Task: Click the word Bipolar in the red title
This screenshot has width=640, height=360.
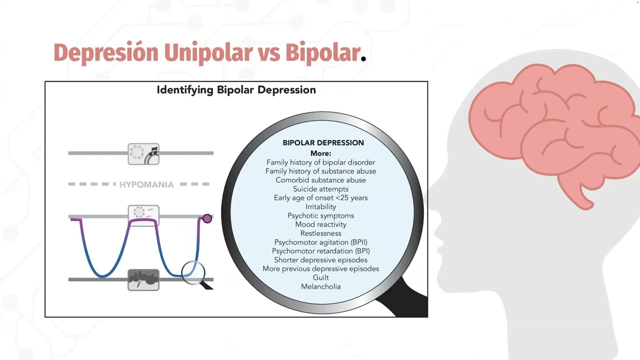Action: tap(322, 53)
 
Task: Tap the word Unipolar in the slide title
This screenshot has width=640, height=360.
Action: tap(208, 53)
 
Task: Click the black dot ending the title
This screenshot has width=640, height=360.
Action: tap(363, 59)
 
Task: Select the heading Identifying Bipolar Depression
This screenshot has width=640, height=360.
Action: tap(236, 90)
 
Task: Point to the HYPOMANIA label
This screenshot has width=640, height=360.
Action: tap(146, 184)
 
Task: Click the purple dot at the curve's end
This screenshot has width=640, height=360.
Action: tap(207, 218)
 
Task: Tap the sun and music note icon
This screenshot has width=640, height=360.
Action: tap(143, 154)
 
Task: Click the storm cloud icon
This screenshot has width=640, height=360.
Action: tap(143, 279)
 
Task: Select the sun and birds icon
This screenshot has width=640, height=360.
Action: tap(143, 213)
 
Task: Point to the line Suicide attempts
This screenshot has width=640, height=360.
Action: tap(321, 189)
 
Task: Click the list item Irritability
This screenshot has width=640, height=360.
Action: tap(321, 207)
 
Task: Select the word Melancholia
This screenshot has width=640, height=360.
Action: tap(321, 286)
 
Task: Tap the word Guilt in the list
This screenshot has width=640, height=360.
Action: tap(321, 277)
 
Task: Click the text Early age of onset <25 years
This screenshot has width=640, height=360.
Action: tap(321, 198)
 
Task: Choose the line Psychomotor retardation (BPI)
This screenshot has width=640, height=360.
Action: tap(321, 251)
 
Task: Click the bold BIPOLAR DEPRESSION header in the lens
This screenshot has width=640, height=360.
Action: tap(323, 143)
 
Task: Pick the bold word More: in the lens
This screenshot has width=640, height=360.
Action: tap(321, 153)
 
